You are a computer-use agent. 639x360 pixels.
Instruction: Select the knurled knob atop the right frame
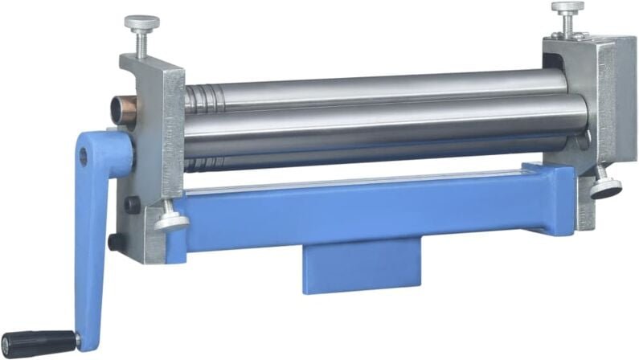tap(567, 9)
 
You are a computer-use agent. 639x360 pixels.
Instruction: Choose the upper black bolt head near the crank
tap(132, 205)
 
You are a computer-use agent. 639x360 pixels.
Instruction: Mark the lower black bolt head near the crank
tap(117, 241)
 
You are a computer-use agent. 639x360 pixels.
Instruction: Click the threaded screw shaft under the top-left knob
tap(141, 45)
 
